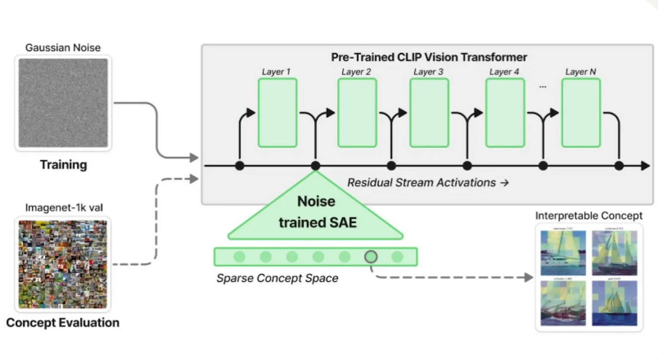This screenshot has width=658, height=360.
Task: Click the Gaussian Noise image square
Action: pos(63,102)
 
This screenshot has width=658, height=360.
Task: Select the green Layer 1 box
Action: pos(277,112)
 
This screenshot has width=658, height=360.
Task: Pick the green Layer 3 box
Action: pos(429,112)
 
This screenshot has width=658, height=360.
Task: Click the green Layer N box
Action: pos(581,112)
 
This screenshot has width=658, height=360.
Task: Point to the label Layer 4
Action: pos(504,72)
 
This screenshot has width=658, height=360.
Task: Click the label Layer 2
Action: pos(356,72)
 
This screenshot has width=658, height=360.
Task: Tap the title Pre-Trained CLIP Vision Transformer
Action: pos(429,57)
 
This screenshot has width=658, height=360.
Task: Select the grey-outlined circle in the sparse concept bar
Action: pos(371,257)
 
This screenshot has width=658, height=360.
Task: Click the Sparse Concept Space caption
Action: pos(277,279)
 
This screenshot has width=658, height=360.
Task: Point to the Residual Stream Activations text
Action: pos(428,183)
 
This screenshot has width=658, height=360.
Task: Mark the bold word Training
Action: pos(63,164)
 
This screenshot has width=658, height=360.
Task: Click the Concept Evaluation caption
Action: pos(62,322)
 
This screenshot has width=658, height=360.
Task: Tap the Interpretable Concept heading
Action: pos(589,215)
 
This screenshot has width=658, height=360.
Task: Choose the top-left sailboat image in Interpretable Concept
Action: pos(563,252)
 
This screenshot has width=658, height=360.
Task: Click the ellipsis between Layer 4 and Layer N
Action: pos(542,87)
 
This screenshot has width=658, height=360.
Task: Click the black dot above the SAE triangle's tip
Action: pos(315,166)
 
